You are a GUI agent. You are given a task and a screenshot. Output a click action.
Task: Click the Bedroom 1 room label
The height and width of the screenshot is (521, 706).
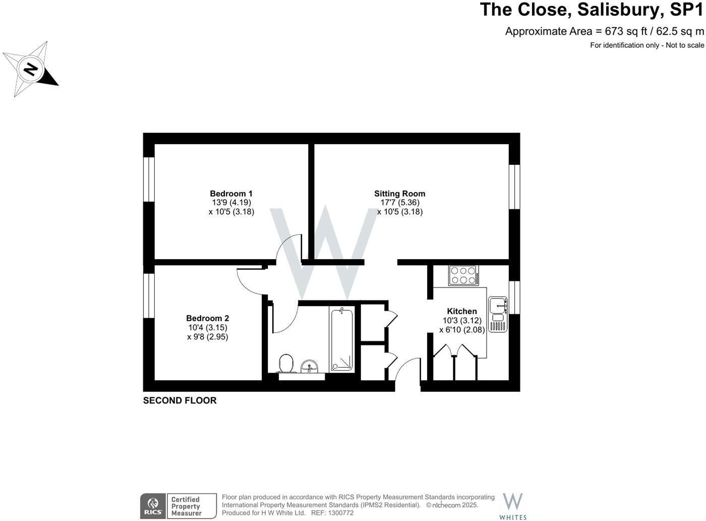(231, 194)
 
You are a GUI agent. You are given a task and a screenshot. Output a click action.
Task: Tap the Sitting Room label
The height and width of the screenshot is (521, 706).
(399, 194)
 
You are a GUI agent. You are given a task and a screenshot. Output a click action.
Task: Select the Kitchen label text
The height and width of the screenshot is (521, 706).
(462, 312)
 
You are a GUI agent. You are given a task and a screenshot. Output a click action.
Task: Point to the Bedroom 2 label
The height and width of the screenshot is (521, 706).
(207, 318)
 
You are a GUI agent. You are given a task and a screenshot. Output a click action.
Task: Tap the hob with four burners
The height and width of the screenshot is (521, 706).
(463, 275)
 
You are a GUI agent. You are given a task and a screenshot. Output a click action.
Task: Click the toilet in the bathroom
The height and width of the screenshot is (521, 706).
(286, 363)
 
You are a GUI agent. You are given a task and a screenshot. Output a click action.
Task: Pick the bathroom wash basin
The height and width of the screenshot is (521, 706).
(309, 366)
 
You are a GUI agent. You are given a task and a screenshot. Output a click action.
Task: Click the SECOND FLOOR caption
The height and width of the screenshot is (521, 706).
(180, 400)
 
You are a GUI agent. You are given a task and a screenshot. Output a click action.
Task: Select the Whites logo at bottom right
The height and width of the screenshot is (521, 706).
(513, 506)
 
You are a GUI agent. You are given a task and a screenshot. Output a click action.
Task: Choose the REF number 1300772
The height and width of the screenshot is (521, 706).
(339, 513)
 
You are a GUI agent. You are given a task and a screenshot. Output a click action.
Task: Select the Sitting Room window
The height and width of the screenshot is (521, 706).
(514, 187)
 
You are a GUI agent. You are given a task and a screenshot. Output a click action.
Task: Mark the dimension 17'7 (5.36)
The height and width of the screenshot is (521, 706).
(400, 203)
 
